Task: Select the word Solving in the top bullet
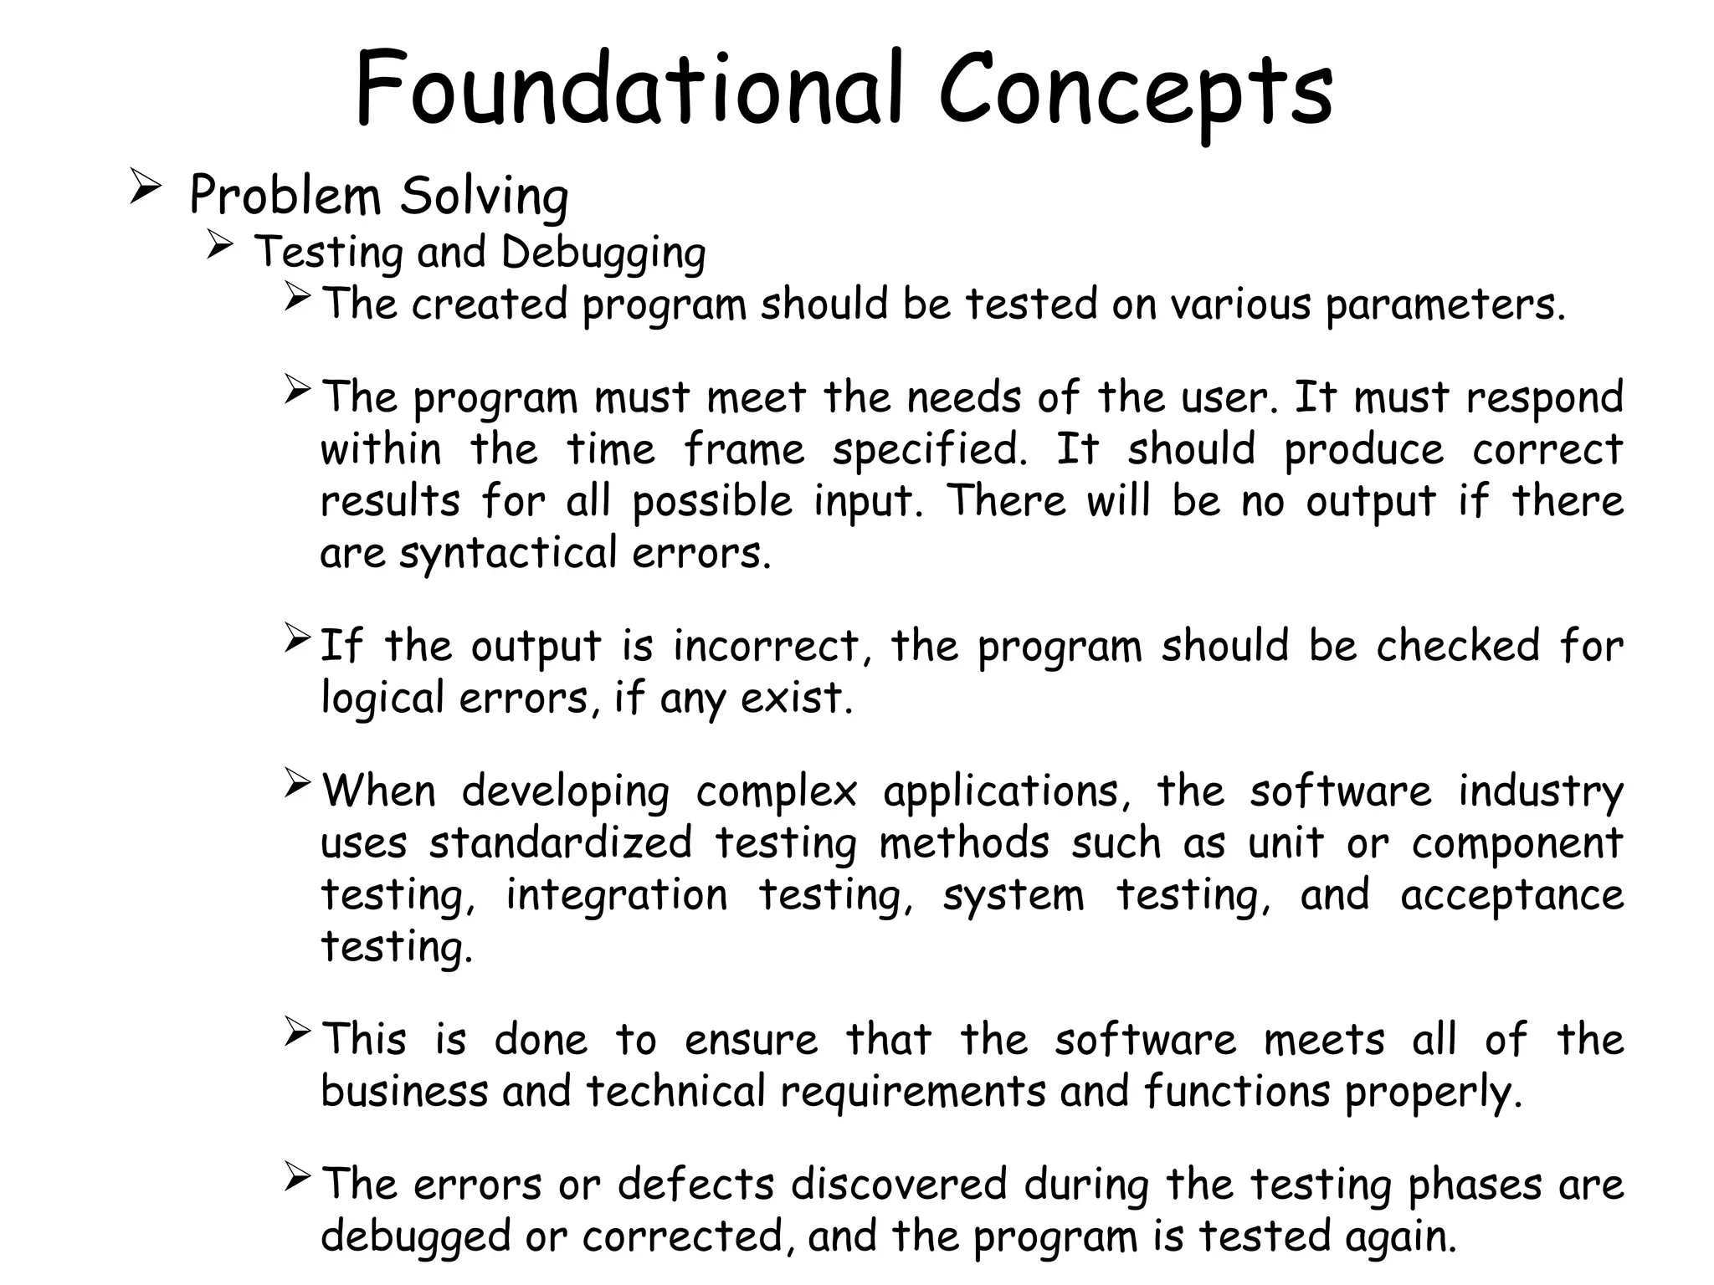tap(484, 197)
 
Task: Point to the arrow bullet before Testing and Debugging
tap(219, 244)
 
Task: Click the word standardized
tap(561, 843)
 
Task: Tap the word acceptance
tap(1511, 895)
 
